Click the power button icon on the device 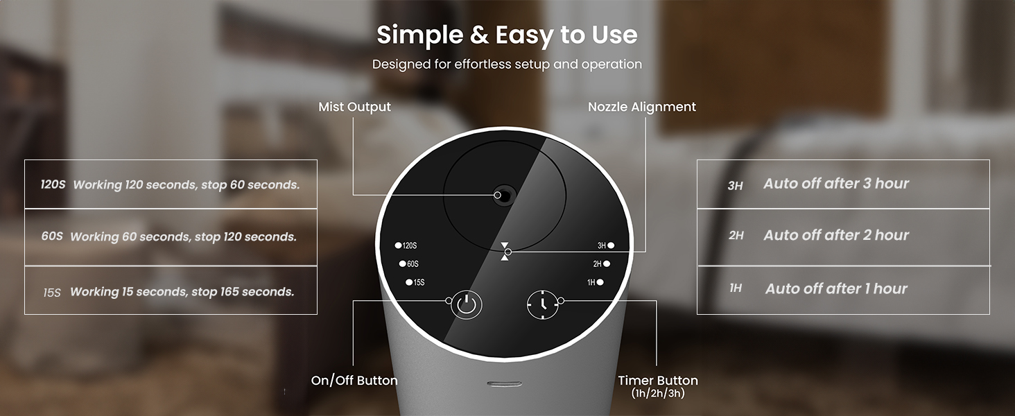(467, 304)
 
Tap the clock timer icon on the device (541, 304)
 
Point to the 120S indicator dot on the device (399, 245)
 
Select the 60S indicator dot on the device (402, 263)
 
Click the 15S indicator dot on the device (409, 282)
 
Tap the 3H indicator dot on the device (611, 245)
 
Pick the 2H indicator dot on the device (607, 263)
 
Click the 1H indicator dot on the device (600, 282)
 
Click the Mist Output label (354, 107)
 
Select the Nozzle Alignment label (642, 107)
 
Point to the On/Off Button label (354, 381)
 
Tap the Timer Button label (658, 381)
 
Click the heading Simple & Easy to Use (507, 35)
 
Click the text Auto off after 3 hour (836, 184)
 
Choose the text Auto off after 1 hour (836, 288)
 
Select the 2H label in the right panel (736, 236)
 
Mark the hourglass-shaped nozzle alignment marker (505, 251)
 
